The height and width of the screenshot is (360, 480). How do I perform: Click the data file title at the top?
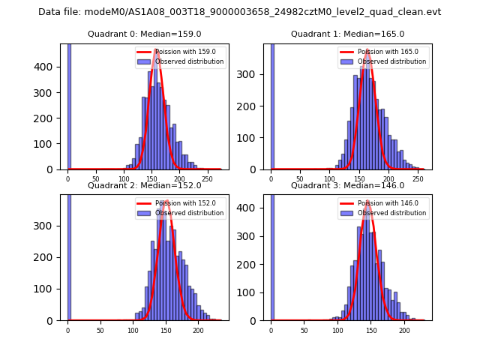coord(240,12)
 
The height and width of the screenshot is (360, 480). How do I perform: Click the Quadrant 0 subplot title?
coord(145,34)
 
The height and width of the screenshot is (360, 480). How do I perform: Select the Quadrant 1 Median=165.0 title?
coord(347,34)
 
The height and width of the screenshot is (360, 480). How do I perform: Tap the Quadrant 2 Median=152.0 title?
coord(145,185)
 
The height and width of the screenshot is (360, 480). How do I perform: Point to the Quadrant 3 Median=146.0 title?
coord(347,185)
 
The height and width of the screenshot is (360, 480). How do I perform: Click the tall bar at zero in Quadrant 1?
coord(272,105)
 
